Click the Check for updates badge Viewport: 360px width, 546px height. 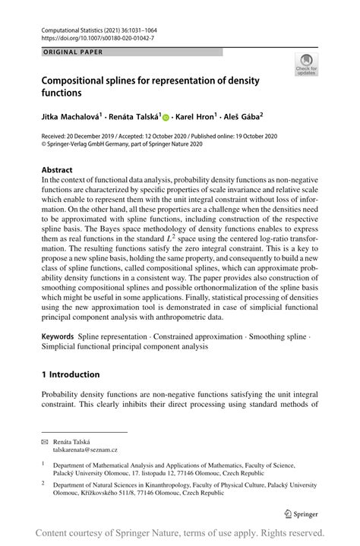coord(307,65)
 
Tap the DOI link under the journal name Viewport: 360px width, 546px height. coord(89,37)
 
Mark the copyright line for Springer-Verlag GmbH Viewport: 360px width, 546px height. coord(121,149)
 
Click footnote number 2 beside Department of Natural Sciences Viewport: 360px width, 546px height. coord(45,483)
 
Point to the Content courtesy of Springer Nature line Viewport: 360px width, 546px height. coord(180,533)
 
